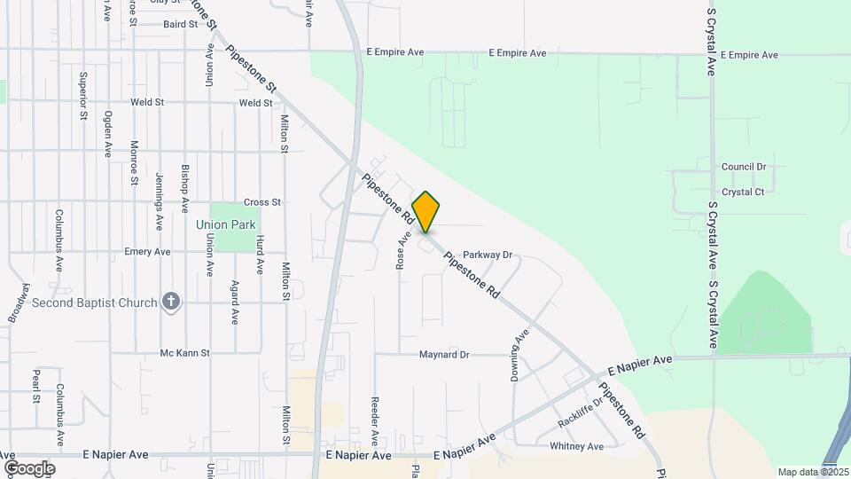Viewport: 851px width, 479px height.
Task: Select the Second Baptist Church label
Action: click(x=94, y=302)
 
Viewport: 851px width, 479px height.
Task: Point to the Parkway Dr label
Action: click(x=488, y=255)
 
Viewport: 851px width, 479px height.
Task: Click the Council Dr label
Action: click(x=743, y=167)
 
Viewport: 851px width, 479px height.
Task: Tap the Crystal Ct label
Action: click(x=743, y=192)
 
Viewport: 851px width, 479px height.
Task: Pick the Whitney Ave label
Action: click(x=576, y=446)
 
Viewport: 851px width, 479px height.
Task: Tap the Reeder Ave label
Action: click(x=375, y=420)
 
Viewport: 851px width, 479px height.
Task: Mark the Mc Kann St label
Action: click(x=184, y=353)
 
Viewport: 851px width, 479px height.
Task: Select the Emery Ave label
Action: click(x=147, y=252)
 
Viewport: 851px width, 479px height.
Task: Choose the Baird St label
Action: click(x=180, y=24)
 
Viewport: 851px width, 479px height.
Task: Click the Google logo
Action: click(x=29, y=467)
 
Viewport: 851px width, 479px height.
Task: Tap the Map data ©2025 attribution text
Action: click(x=812, y=472)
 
